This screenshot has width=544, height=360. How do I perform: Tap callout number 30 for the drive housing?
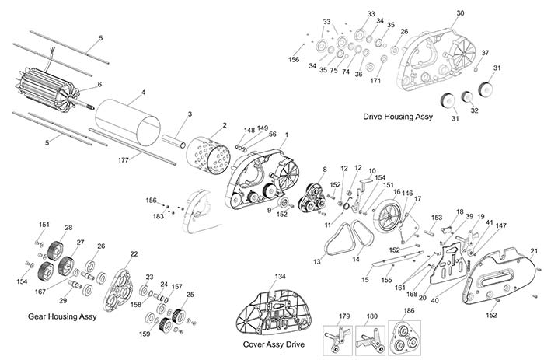pyautogui.click(x=460, y=13)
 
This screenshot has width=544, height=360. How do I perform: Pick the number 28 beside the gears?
pyautogui.click(x=68, y=228)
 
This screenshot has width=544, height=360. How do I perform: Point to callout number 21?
pyautogui.click(x=534, y=250)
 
